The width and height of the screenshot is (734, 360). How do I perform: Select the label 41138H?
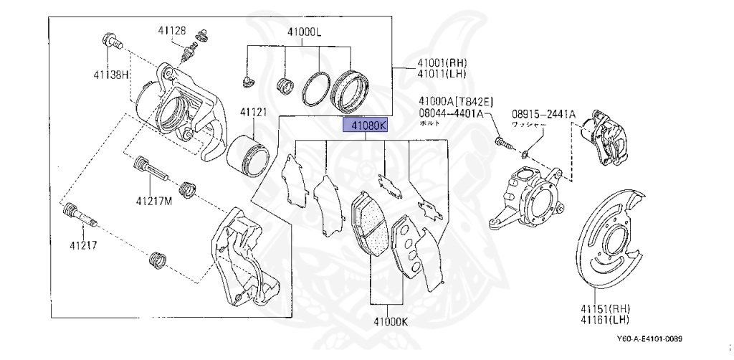[x=110, y=75]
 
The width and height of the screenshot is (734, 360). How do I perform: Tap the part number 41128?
[x=172, y=31]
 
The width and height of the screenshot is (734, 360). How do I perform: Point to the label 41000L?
[x=305, y=32]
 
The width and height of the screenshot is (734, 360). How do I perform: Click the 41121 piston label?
[x=253, y=112]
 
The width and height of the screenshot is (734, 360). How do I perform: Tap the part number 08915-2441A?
[x=538, y=113]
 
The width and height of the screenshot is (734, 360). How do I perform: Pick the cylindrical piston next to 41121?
[x=247, y=153]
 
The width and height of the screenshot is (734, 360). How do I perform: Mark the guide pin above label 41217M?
[x=151, y=171]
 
